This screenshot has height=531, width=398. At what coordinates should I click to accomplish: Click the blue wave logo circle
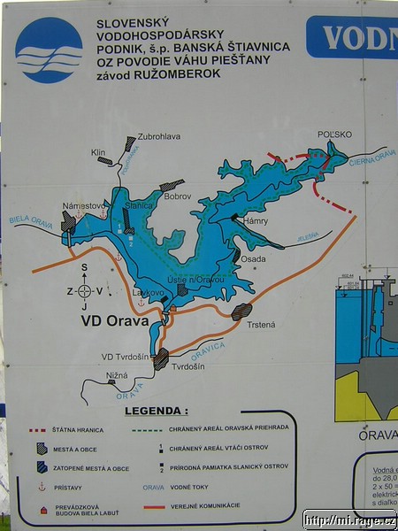tap(50, 50)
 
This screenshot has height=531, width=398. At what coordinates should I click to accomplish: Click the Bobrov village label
tap(178, 195)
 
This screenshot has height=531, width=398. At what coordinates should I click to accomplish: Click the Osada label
tap(254, 258)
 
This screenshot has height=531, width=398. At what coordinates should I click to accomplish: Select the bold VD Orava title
tap(115, 321)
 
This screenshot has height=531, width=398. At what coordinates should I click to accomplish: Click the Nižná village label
tap(117, 375)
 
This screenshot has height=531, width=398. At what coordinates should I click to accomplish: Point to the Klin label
tap(98, 152)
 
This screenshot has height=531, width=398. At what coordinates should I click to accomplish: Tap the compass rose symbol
tap(84, 290)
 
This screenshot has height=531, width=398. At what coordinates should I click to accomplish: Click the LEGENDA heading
tap(157, 411)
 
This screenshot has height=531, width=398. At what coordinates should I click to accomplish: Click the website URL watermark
tap(349, 519)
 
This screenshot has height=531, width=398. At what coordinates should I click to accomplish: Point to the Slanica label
tap(140, 205)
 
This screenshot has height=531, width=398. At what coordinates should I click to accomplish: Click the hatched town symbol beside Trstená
tap(241, 312)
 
